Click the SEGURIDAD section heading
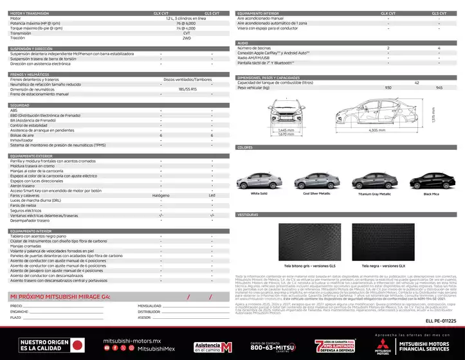[20, 105]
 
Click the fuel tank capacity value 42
[417, 83]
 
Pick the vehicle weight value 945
[439, 87]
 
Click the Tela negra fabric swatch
[403, 240]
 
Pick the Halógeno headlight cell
[161, 195]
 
